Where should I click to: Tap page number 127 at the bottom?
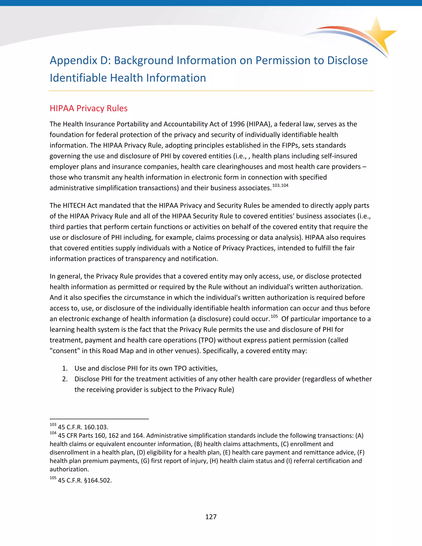(x=211, y=517)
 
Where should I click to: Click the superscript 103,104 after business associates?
(x=280, y=185)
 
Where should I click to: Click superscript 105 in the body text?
(x=274, y=316)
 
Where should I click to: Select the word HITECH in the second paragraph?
(x=74, y=205)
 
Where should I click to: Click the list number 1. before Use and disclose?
(x=65, y=368)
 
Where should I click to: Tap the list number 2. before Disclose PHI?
(x=65, y=379)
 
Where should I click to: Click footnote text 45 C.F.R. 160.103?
(x=83, y=427)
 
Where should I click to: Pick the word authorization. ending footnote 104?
(x=69, y=469)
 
